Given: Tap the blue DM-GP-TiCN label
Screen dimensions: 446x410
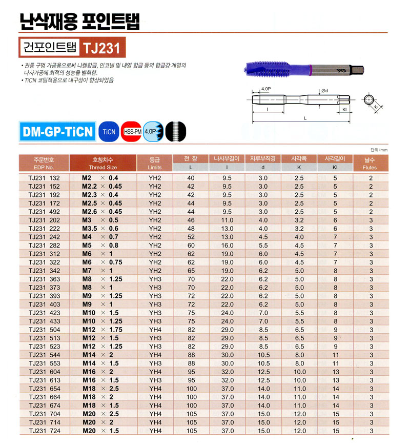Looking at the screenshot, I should coord(57,131).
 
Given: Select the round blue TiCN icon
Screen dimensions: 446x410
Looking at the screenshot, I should coord(109,131).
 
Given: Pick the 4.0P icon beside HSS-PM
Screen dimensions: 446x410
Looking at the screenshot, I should coord(152,131).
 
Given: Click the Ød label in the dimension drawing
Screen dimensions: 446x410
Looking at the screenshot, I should coord(324,91).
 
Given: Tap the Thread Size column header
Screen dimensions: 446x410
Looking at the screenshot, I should coord(102,164).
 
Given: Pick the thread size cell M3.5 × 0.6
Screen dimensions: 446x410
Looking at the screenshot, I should coord(100,229).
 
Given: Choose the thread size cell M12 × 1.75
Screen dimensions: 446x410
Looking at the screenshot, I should coord(102,330).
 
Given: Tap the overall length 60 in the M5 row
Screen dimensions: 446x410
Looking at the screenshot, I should coord(191,245).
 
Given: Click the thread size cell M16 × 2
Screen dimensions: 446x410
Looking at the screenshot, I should coord(97,372).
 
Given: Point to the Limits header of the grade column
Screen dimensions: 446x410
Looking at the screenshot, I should coord(154,167).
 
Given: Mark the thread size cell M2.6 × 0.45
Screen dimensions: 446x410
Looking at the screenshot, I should coord(102,212).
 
